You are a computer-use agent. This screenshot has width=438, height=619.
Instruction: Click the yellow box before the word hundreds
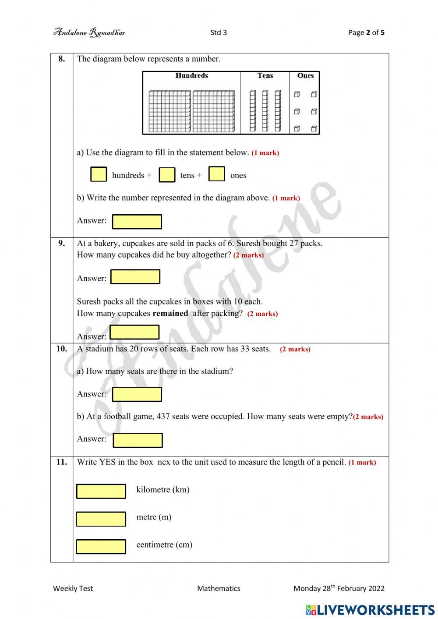pos(99,174)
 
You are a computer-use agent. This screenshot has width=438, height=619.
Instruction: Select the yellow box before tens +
pos(167,175)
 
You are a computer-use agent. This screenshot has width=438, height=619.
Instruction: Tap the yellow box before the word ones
pos(216,174)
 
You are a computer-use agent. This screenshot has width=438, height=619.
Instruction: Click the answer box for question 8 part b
pos(137,222)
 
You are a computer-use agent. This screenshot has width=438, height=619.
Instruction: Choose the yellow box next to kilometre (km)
pos(101,491)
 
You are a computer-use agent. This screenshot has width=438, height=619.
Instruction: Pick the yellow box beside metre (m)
pos(101,519)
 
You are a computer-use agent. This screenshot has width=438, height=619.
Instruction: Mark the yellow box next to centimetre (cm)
pos(101,546)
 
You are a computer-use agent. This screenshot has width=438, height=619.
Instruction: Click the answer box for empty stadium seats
pos(138,440)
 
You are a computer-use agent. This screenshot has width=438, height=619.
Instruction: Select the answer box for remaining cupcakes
pos(134,332)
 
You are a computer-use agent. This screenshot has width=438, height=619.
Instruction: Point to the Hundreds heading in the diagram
pos(191,76)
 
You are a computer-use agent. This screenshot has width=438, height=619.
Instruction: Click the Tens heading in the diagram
pos(265,76)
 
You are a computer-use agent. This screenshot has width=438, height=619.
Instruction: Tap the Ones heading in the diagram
pos(305,76)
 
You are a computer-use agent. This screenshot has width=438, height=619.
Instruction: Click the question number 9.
pos(62,243)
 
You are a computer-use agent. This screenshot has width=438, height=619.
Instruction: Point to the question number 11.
pos(62,462)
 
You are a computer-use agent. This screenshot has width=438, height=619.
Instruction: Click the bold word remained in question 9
pos(170,313)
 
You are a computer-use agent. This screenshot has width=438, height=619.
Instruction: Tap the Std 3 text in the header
pos(219,32)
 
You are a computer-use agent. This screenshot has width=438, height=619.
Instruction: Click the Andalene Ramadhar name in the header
pos(89,32)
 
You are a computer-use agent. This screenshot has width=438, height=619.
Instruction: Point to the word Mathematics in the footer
pos(219,588)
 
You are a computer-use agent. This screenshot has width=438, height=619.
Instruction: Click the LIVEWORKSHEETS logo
pos(370,610)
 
